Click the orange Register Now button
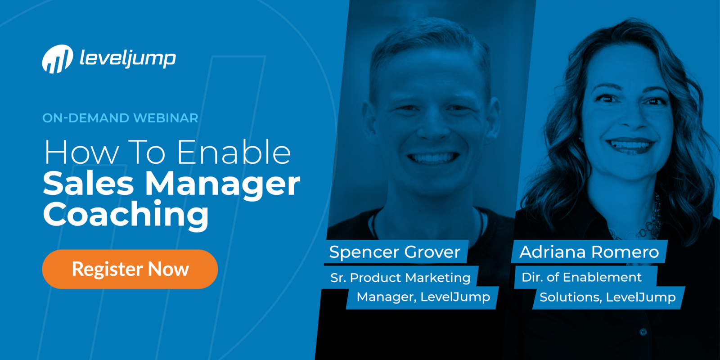(x=130, y=269)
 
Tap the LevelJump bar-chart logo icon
(x=58, y=59)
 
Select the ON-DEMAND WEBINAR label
(x=120, y=118)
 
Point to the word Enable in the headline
(x=234, y=153)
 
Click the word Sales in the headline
(x=88, y=184)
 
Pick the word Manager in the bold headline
(x=222, y=185)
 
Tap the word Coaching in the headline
(x=126, y=215)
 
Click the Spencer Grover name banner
(x=395, y=252)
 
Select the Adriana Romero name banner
(x=589, y=252)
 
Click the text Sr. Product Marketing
(x=400, y=278)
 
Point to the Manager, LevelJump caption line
(x=423, y=297)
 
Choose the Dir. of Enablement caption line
(x=581, y=277)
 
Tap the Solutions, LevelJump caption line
(x=607, y=297)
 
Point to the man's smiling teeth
(x=433, y=158)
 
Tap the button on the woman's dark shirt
(x=643, y=332)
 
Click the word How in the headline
(x=81, y=153)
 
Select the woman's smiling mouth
(x=630, y=145)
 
